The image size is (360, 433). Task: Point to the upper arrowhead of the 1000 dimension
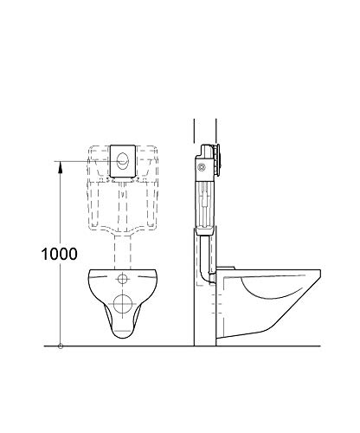coord(60,165)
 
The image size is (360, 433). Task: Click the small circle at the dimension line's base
coord(60,346)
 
